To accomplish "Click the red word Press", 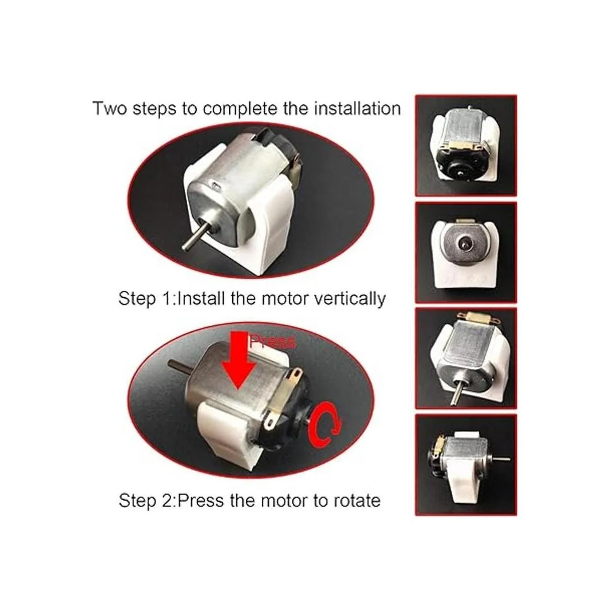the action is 272,342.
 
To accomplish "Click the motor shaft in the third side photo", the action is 457,391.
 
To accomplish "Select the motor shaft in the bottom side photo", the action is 501,460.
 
